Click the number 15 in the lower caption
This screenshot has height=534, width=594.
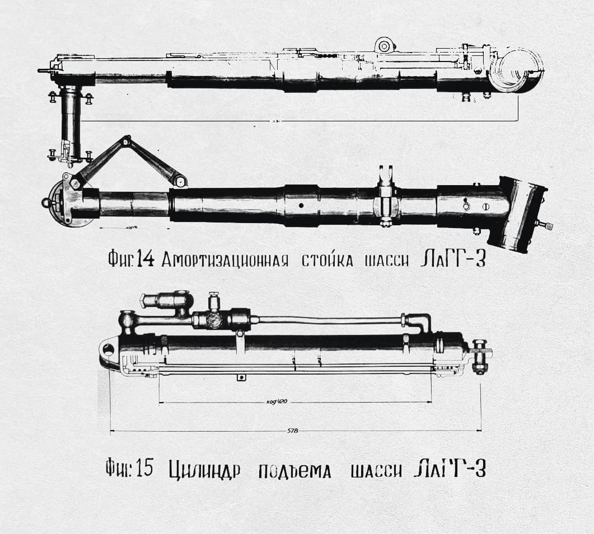(144, 469)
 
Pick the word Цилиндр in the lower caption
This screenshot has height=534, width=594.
(204, 470)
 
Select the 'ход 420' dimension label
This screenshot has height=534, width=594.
(278, 402)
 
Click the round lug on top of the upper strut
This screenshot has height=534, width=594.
(383, 46)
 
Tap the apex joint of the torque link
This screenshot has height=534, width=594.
(127, 140)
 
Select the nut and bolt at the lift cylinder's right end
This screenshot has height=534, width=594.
(479, 356)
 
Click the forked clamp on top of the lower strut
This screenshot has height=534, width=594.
(385, 178)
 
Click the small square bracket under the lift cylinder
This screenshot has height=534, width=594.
(241, 377)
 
